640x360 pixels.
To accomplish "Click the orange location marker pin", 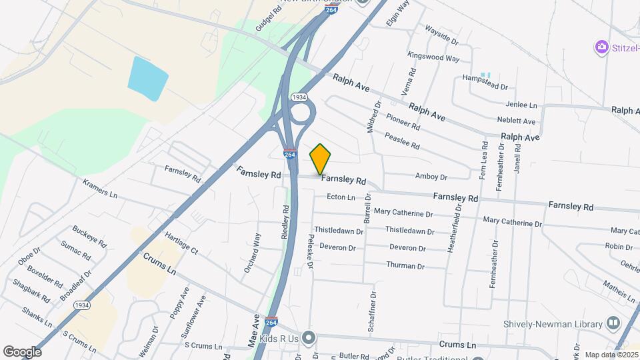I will point(321,159).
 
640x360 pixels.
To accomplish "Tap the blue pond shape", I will point(147,79).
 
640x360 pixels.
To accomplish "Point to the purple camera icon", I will point(602,47).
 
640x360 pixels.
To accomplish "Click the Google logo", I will point(22,351).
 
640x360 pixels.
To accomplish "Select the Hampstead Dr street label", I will point(485,87).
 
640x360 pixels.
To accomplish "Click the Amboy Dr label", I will point(431,177).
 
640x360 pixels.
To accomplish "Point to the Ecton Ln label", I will point(341,197).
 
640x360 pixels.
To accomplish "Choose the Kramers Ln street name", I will point(100,189).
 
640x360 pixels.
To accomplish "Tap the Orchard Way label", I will point(257,247).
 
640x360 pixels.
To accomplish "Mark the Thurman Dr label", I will point(405,266).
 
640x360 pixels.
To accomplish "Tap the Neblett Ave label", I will point(516,121).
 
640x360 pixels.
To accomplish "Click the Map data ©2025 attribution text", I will point(611,355).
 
